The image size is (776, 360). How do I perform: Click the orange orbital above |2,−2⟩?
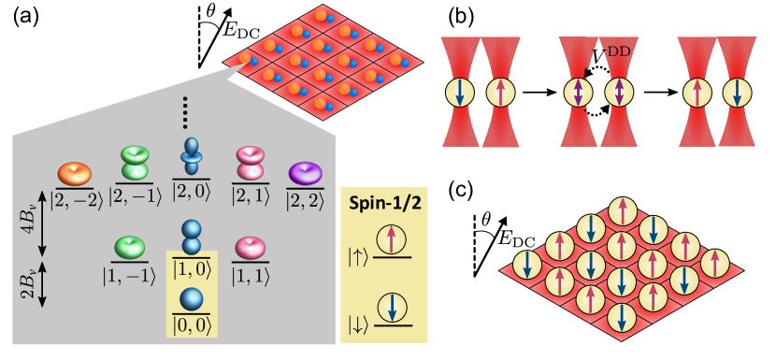[x=74, y=173]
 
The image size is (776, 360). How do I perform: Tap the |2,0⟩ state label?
[x=192, y=194]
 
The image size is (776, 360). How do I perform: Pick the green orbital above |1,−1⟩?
[x=130, y=248]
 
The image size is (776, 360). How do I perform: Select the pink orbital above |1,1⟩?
[x=250, y=248]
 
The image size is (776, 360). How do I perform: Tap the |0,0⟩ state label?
[x=192, y=324]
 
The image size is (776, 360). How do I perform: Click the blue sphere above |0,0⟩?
[x=192, y=299]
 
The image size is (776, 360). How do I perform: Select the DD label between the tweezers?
[x=618, y=50]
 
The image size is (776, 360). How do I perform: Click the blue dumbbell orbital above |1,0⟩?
[x=192, y=237]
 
